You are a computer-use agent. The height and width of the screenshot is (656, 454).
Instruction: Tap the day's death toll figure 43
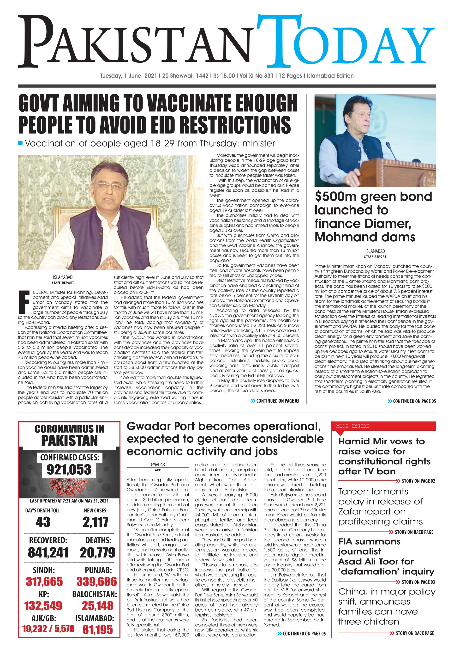43,522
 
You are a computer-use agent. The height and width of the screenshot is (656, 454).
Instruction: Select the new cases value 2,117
96,522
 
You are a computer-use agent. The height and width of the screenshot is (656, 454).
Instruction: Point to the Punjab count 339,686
96,581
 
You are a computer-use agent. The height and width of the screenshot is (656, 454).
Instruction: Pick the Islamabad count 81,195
98,630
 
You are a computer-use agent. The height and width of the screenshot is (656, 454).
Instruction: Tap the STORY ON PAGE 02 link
418,481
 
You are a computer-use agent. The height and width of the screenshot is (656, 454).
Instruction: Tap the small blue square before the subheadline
20,143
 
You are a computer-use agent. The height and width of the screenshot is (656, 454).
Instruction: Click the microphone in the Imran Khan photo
389,147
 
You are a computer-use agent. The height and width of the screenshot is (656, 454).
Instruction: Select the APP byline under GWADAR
158,470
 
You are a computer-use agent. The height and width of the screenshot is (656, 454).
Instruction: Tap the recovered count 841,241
48,553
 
